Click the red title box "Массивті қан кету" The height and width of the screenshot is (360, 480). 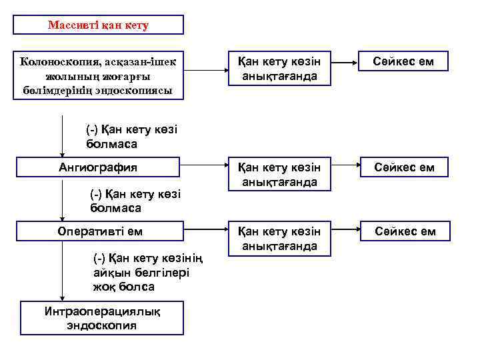[x=99, y=25]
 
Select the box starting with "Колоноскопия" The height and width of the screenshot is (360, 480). [x=99, y=75]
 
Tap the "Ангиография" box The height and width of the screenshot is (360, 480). [x=99, y=167]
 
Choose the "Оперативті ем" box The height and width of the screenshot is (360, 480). [x=99, y=231]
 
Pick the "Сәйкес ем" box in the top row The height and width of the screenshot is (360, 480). [x=404, y=62]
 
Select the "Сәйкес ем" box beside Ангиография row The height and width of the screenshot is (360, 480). [x=404, y=167]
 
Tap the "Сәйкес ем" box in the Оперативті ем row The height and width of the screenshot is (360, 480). [x=405, y=231]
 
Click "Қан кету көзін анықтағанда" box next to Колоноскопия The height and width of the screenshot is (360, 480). [x=279, y=69]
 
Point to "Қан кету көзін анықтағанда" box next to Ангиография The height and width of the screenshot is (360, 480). [x=279, y=173]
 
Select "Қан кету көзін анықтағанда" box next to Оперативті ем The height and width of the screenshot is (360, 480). [x=279, y=238]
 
